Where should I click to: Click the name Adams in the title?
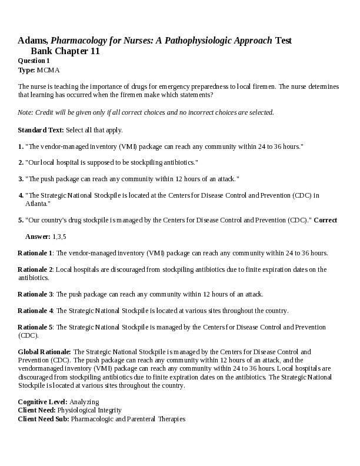32,41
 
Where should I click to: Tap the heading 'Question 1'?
34,61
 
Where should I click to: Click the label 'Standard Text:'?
41,129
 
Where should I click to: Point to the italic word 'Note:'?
25,112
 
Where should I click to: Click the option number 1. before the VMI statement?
21,146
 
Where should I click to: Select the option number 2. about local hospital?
21,162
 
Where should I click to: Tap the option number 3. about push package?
21,178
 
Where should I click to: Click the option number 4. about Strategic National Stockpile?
21,195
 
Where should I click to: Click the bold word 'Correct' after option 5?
325,220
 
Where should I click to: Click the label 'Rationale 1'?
35,253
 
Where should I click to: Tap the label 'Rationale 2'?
35,269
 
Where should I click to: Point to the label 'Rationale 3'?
35,294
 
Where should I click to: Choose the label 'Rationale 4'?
35,310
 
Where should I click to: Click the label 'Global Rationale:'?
44,351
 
